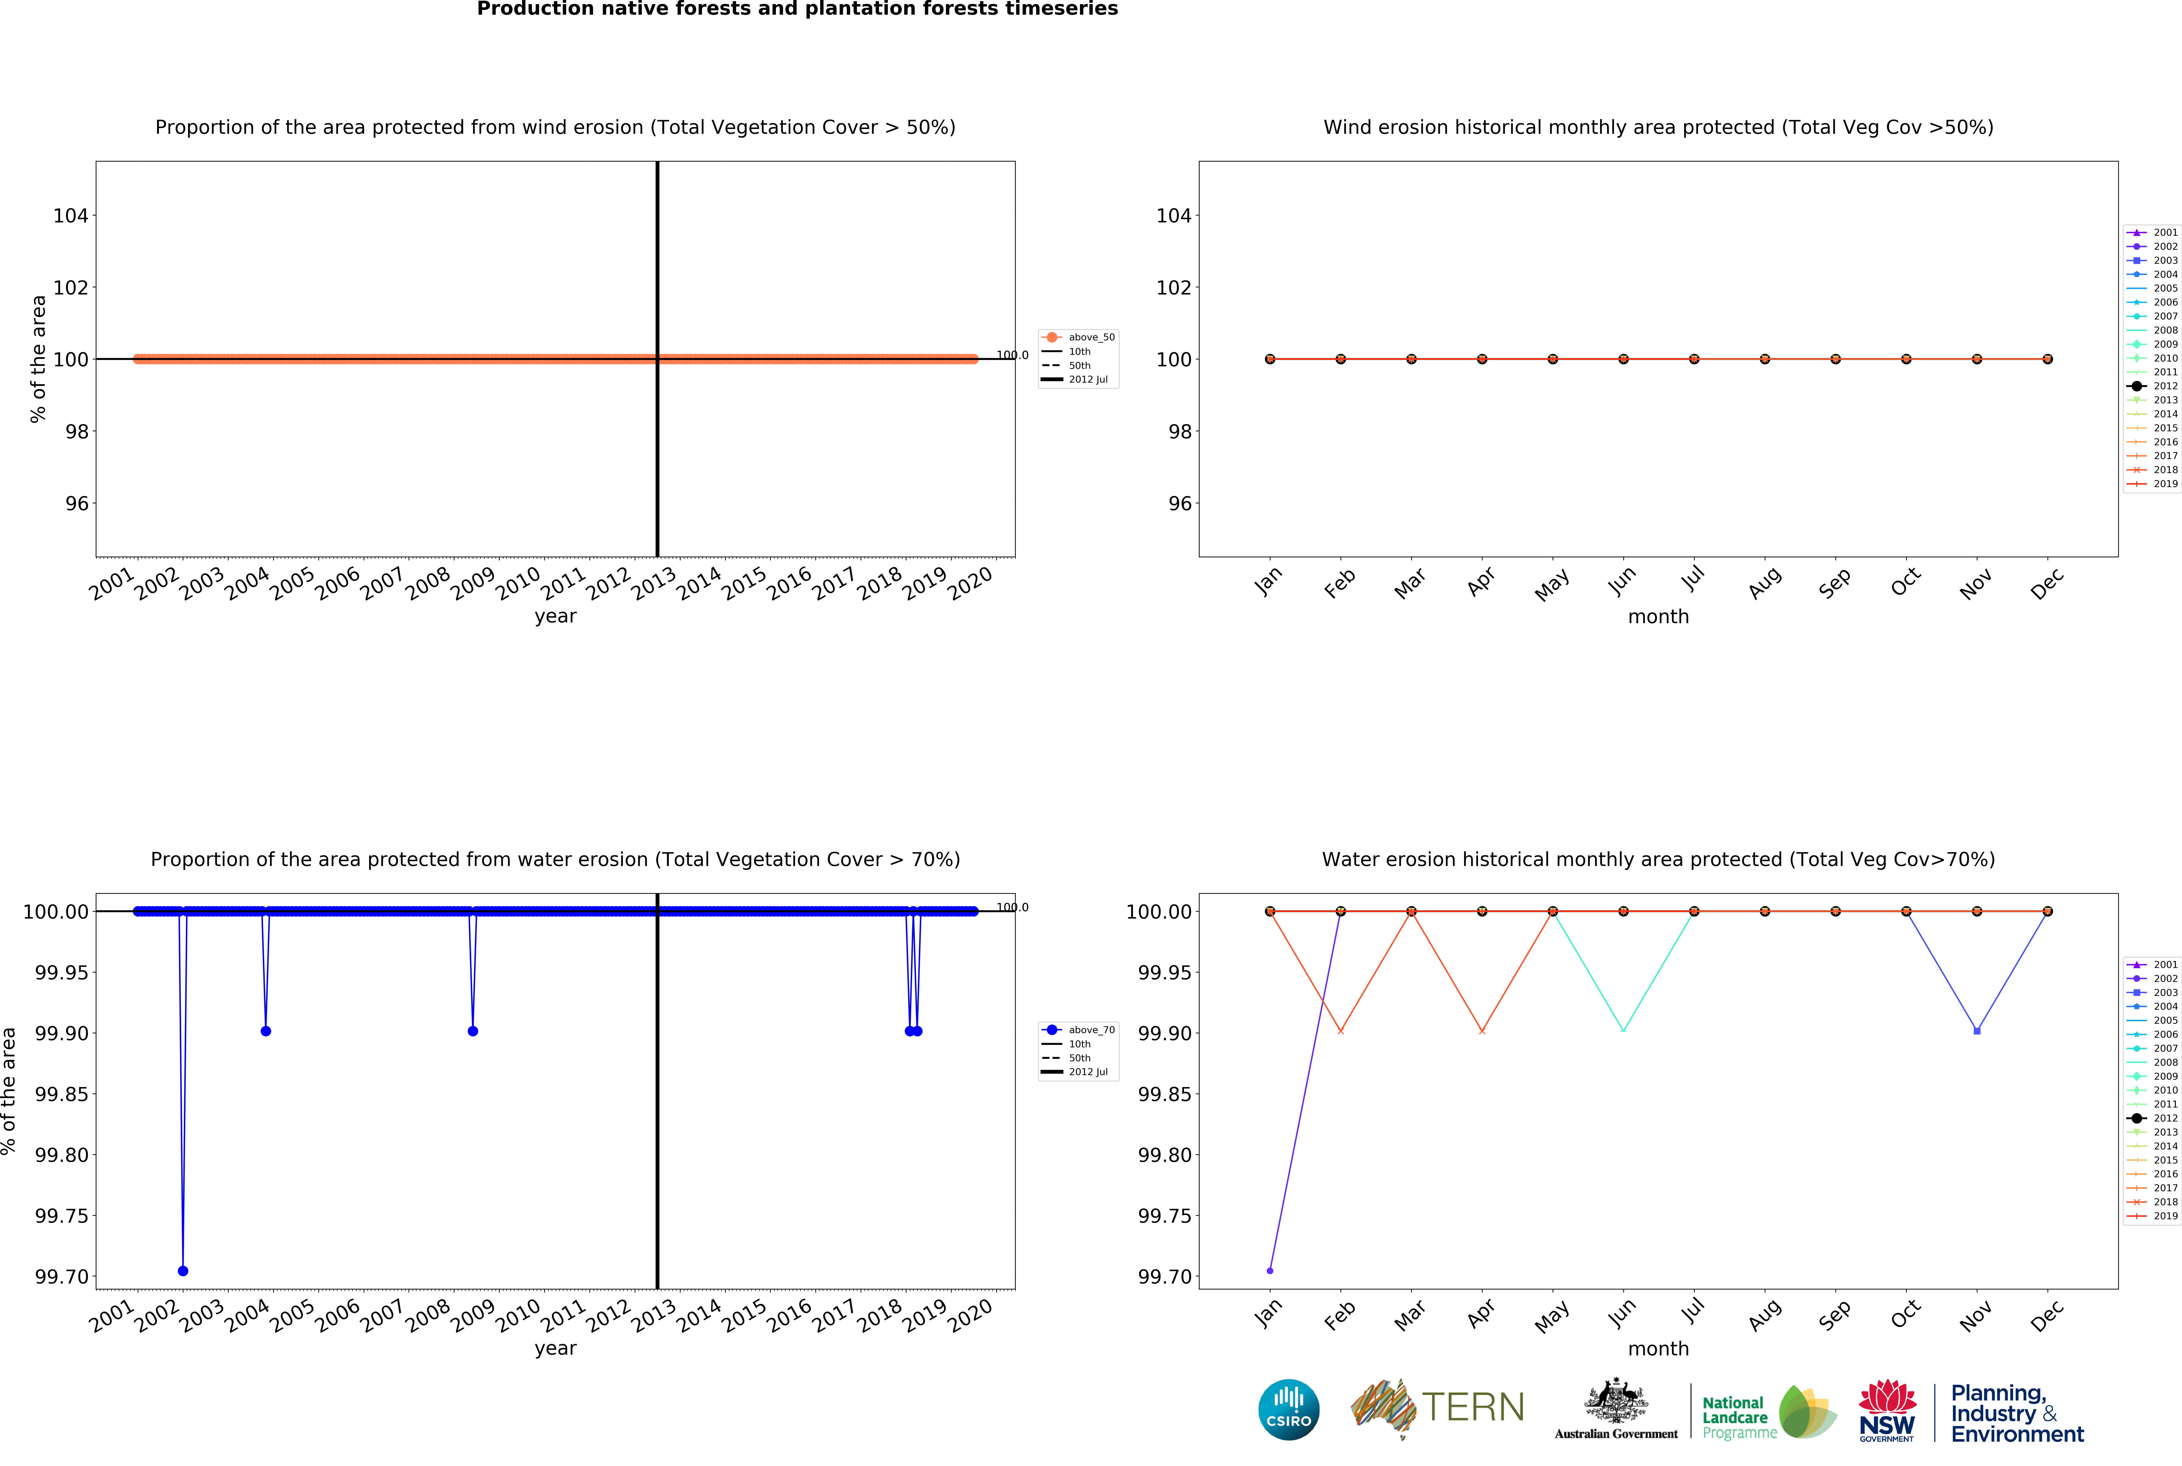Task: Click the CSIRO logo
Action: pyautogui.click(x=1288, y=1409)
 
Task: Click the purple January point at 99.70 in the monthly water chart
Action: pyautogui.click(x=1270, y=1271)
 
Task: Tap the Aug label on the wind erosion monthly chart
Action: pyautogui.click(x=1764, y=583)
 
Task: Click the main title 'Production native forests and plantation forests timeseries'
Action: pyautogui.click(x=797, y=9)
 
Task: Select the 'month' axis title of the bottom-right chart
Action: pyautogui.click(x=1658, y=1348)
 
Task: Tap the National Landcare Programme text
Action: pyautogui.click(x=1739, y=1416)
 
